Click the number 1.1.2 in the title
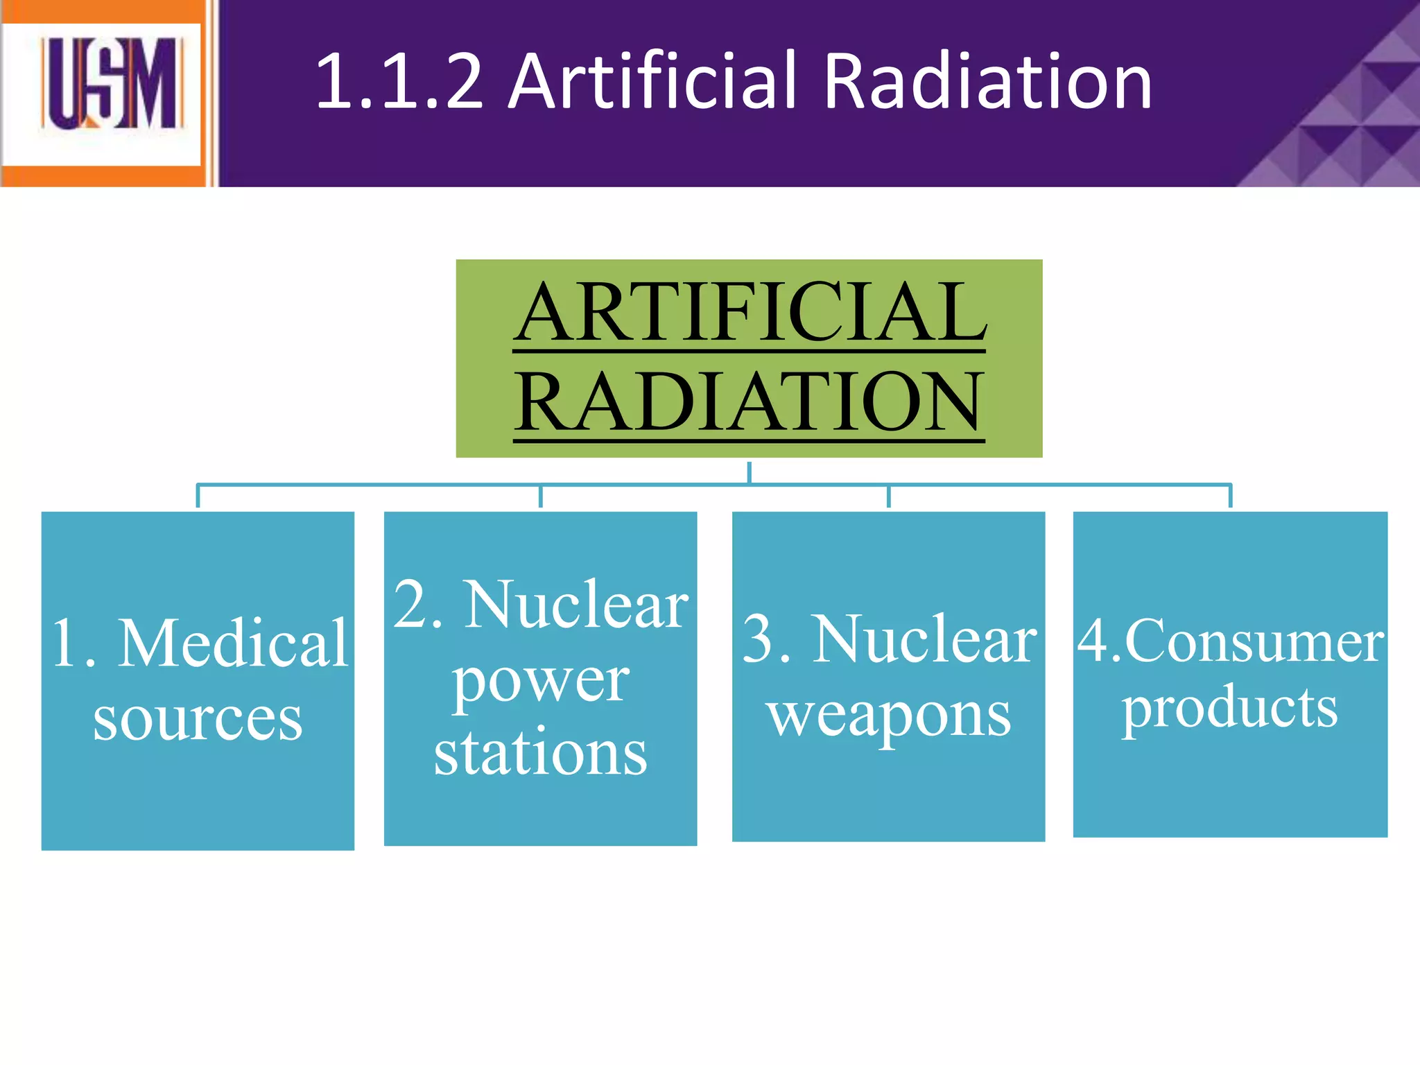pyautogui.click(x=399, y=82)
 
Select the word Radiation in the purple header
pyautogui.click(x=987, y=82)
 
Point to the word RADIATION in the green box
pyautogui.click(x=749, y=402)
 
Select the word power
pyautogui.click(x=540, y=681)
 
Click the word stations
pyautogui.click(x=540, y=753)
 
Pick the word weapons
pyautogui.click(x=889, y=716)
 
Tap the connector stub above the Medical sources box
pyautogui.click(x=198, y=496)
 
